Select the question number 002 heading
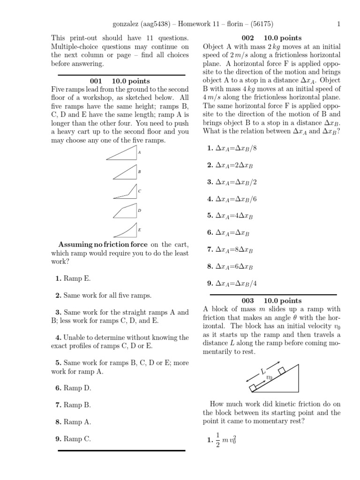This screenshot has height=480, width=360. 247,38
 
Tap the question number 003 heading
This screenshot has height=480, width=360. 247,300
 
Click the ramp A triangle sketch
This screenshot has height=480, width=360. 123,153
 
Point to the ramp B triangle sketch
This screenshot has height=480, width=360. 126,173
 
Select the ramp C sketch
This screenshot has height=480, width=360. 126,192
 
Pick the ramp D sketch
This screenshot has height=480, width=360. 125,211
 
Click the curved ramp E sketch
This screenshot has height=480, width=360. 126,230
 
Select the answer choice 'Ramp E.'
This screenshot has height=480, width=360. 77,278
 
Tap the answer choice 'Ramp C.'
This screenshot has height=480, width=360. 77,439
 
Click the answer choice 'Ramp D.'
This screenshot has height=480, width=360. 77,388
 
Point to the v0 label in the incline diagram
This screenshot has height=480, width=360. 269,377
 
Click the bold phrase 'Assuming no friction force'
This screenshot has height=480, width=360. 103,245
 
